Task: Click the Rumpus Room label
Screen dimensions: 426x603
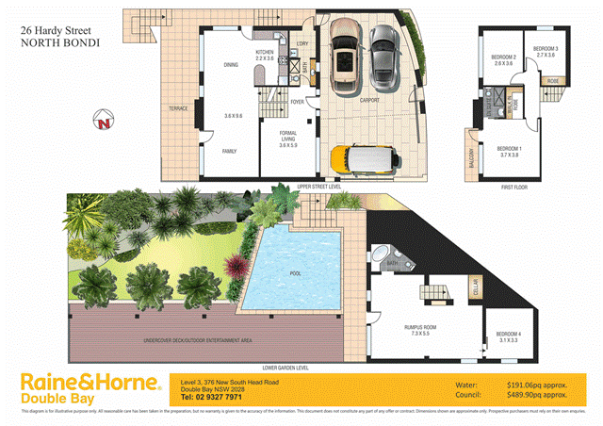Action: point(416,329)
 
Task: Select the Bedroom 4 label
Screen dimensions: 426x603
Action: point(508,336)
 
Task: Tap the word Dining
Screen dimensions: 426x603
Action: point(230,65)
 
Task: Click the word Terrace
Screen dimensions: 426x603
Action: point(178,108)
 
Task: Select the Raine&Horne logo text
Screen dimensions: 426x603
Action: point(90,383)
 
